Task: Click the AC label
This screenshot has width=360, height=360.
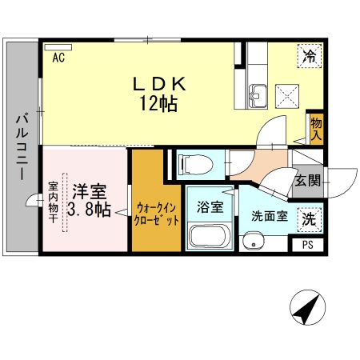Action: click(x=58, y=58)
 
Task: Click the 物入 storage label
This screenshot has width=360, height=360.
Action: click(x=316, y=129)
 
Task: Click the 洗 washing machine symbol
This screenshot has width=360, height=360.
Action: click(x=308, y=217)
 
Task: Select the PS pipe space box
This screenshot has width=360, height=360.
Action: click(x=308, y=246)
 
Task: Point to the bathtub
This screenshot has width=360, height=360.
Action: click(x=209, y=238)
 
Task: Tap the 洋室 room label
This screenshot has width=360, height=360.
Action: click(x=87, y=192)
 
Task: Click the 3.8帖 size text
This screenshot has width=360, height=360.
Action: click(x=88, y=210)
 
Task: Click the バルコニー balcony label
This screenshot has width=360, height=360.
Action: click(x=21, y=147)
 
